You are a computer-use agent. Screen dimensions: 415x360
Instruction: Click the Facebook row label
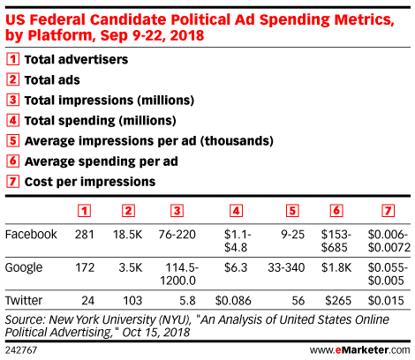tap(31, 235)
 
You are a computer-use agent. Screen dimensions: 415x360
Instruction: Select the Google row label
tap(24, 267)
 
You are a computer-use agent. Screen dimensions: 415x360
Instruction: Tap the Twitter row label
tap(24, 301)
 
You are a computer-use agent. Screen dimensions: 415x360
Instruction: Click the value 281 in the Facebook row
tap(85, 235)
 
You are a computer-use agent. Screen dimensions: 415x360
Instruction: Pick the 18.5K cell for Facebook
tap(128, 235)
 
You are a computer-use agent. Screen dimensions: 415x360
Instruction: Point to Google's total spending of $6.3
tap(236, 267)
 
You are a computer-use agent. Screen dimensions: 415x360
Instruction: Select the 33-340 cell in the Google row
tap(286, 267)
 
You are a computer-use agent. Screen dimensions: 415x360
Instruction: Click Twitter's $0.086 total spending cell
tap(233, 301)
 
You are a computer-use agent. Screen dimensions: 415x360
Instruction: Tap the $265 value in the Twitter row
tap(338, 301)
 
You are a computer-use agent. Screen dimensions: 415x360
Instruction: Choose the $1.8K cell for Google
tap(336, 267)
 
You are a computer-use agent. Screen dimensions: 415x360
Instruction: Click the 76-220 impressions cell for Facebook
tap(177, 235)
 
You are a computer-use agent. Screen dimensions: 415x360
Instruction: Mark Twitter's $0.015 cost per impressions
tap(386, 301)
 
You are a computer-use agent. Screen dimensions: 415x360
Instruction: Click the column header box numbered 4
tap(236, 211)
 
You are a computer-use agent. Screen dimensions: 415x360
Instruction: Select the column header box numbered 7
tap(388, 211)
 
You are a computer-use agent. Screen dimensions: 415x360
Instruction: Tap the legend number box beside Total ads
tap(12, 79)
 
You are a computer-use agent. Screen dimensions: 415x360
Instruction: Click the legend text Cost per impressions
tap(90, 182)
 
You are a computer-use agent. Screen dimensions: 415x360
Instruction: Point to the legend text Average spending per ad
tap(102, 161)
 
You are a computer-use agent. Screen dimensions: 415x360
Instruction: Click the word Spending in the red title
tap(295, 20)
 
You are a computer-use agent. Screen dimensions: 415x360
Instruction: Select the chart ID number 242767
tap(21, 350)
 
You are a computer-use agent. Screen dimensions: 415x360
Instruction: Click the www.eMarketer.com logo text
tap(359, 350)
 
